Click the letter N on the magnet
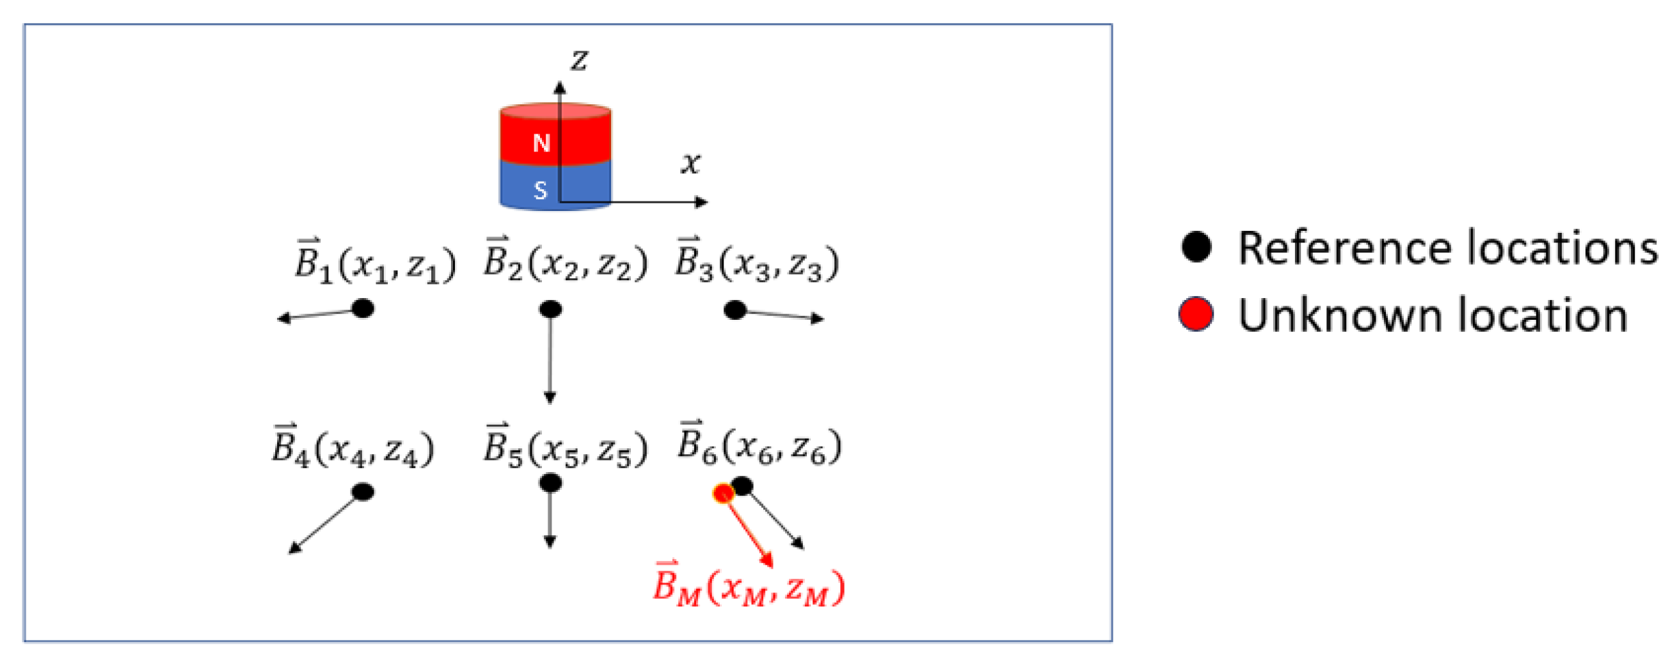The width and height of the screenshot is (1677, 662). click(541, 143)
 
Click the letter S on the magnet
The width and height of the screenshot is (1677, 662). click(540, 191)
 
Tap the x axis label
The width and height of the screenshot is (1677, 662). click(691, 162)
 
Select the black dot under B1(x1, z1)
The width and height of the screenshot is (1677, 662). click(363, 308)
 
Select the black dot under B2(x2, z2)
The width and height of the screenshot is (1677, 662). click(551, 309)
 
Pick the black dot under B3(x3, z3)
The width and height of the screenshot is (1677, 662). click(735, 310)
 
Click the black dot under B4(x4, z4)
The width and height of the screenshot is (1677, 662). click(363, 492)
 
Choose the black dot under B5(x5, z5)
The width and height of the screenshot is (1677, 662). click(551, 483)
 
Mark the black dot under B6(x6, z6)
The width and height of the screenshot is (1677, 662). click(742, 485)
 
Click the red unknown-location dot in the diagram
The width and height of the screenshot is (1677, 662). click(723, 493)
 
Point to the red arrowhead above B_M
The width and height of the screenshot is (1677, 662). click(768, 560)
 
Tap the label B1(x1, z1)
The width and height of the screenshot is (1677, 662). click(376, 263)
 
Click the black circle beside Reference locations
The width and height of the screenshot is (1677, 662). click(1196, 248)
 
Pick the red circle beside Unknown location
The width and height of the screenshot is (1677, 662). click(1196, 315)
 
